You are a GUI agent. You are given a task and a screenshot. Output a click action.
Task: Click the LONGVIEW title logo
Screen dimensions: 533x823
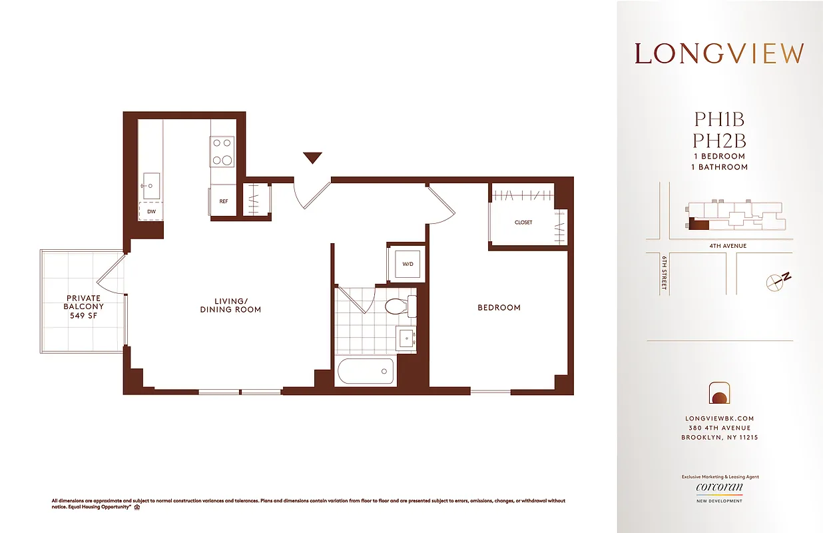coord(719,54)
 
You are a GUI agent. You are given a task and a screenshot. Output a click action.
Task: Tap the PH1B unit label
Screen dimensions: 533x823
coord(719,120)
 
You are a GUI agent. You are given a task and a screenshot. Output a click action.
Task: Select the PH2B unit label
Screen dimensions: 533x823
coord(719,141)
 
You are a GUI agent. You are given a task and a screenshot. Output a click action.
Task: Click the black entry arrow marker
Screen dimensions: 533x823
coord(312,158)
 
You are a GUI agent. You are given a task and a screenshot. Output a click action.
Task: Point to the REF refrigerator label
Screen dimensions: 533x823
coord(223,201)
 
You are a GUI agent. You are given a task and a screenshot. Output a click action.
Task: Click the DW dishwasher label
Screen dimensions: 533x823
coord(151,211)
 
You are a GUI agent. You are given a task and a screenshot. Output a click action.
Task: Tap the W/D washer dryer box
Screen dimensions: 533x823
coord(408,264)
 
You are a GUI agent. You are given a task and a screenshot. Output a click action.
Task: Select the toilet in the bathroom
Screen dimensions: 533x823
coord(398,306)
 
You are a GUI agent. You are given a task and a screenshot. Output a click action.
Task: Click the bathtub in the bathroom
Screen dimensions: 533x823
coord(366,372)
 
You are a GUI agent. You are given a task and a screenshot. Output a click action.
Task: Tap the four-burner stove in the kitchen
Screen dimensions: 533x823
coord(222,151)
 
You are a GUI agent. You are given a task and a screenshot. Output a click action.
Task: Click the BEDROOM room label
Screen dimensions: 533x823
coord(499,308)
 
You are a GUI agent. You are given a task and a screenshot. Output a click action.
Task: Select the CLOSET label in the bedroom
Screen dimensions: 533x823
coord(523,223)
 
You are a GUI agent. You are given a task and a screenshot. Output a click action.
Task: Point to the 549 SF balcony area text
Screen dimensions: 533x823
coord(83,316)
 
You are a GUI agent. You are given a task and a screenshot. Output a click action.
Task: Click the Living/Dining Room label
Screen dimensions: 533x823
coord(230,305)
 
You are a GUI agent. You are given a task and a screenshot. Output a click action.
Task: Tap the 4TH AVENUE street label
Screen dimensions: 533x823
coord(728,246)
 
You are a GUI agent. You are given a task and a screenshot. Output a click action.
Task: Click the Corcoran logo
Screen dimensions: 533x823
coord(719,488)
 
